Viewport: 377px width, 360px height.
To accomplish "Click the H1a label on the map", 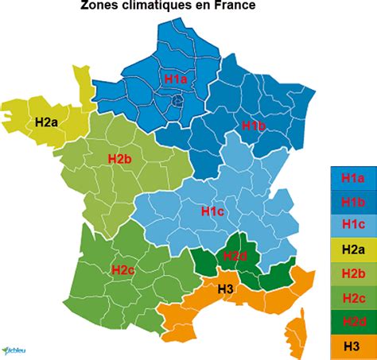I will pyautogui.click(x=175, y=79).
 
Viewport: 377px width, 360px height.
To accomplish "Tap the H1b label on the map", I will pyautogui.click(x=253, y=126).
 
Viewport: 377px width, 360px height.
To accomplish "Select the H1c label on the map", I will pyautogui.click(x=212, y=211).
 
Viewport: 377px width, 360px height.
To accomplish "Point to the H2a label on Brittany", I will pyautogui.click(x=46, y=122).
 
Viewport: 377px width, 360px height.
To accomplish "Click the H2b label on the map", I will pyautogui.click(x=119, y=159).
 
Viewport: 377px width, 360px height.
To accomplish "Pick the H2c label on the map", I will pyautogui.click(x=123, y=269).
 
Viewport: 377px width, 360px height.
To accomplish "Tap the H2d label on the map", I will pyautogui.click(x=235, y=255).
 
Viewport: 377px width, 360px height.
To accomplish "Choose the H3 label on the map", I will pyautogui.click(x=225, y=289).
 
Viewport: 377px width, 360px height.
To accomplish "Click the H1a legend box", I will pyautogui.click(x=352, y=179).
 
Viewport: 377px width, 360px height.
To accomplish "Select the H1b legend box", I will pyautogui.click(x=352, y=202).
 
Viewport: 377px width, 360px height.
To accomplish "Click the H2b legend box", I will pyautogui.click(x=352, y=273).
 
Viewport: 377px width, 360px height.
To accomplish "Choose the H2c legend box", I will pyautogui.click(x=352, y=297).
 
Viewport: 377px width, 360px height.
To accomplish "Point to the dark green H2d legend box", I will pyautogui.click(x=352, y=321).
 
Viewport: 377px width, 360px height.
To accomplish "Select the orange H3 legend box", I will pyautogui.click(x=352, y=345).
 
